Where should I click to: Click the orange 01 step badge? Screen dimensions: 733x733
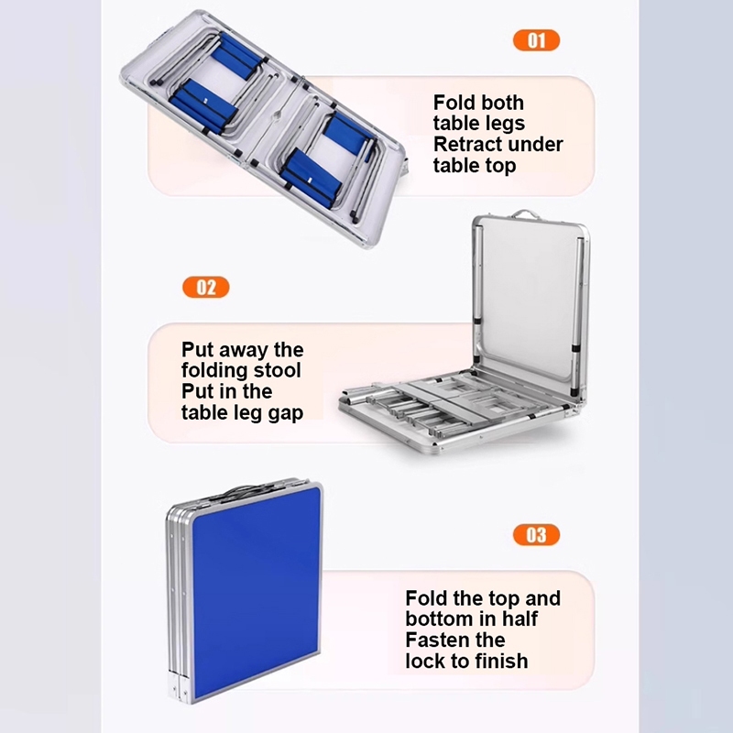pos(536,40)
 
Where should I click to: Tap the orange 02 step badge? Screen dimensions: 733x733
pos(205,287)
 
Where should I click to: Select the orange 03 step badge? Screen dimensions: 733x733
pos(536,535)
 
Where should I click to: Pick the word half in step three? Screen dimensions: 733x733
pos(520,619)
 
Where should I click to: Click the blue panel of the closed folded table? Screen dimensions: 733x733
pos(257,591)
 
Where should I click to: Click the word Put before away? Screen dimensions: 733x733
pos(197,350)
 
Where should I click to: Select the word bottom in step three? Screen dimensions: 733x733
pos(438,619)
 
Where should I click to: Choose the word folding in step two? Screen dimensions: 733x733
pos(215,371)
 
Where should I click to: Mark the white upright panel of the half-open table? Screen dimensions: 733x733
pos(528,300)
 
